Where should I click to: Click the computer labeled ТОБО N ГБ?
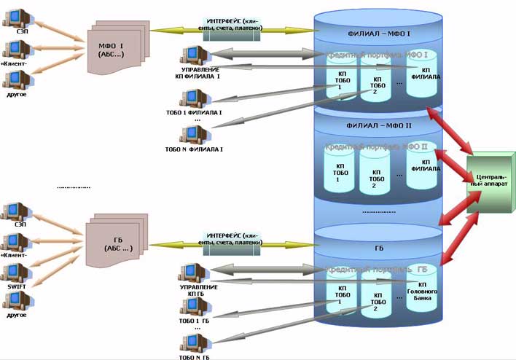pos(192,342)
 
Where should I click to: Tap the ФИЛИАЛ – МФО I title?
pos(378,34)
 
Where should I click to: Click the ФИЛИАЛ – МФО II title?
pos(378,125)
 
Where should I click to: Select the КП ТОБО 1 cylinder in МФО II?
pos(338,172)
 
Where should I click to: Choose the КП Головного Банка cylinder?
pos(422,291)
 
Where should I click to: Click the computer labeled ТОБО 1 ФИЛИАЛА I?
pos(193,98)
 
